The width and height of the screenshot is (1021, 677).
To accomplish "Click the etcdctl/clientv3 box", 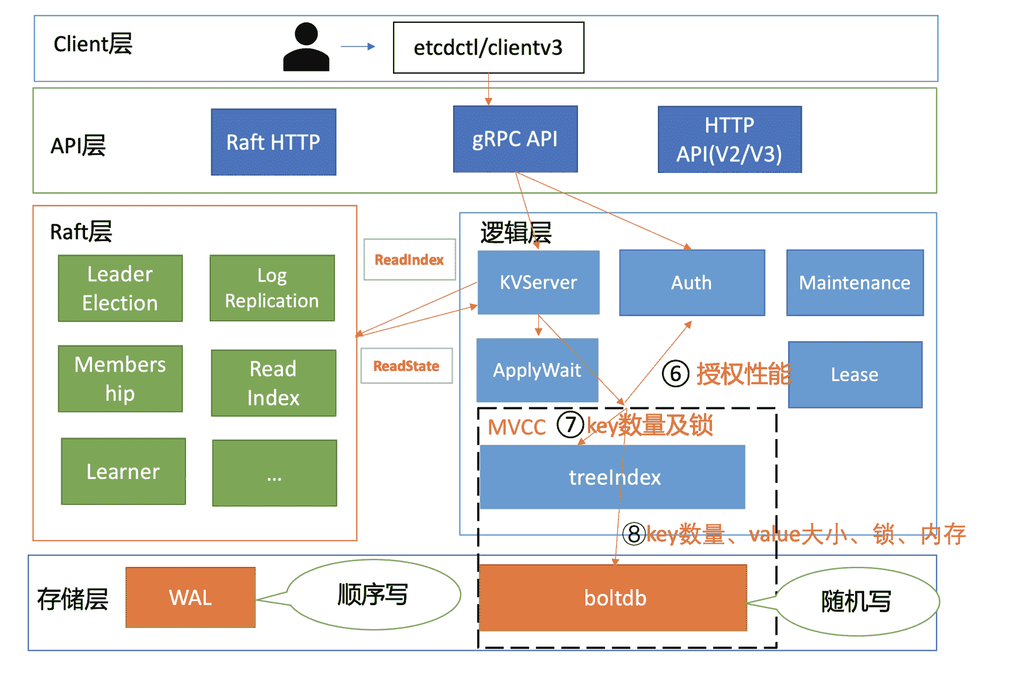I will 488,47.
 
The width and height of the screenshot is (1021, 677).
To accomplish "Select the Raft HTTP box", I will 273,142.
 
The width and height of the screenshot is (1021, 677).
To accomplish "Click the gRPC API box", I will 515,139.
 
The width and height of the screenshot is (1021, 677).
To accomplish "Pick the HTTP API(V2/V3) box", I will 729,139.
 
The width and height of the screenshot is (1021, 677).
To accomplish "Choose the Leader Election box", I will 120,288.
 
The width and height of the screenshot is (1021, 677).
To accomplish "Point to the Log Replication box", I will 272,288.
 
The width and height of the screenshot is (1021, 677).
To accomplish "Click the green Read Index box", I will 273,383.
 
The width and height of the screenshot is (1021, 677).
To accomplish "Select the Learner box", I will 123,472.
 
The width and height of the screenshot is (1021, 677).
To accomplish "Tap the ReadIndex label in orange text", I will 409,260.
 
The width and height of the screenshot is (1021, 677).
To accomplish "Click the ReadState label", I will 406,366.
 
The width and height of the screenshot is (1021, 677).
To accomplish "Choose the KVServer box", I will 538,283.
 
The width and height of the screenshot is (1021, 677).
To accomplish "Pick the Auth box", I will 691,283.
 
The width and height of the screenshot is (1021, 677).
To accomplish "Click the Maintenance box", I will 855,283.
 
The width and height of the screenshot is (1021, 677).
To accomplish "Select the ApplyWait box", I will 537,370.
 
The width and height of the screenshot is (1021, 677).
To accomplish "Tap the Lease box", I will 855,375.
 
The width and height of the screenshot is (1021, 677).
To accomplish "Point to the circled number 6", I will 675,374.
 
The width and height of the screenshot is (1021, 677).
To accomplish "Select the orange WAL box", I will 190,598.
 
